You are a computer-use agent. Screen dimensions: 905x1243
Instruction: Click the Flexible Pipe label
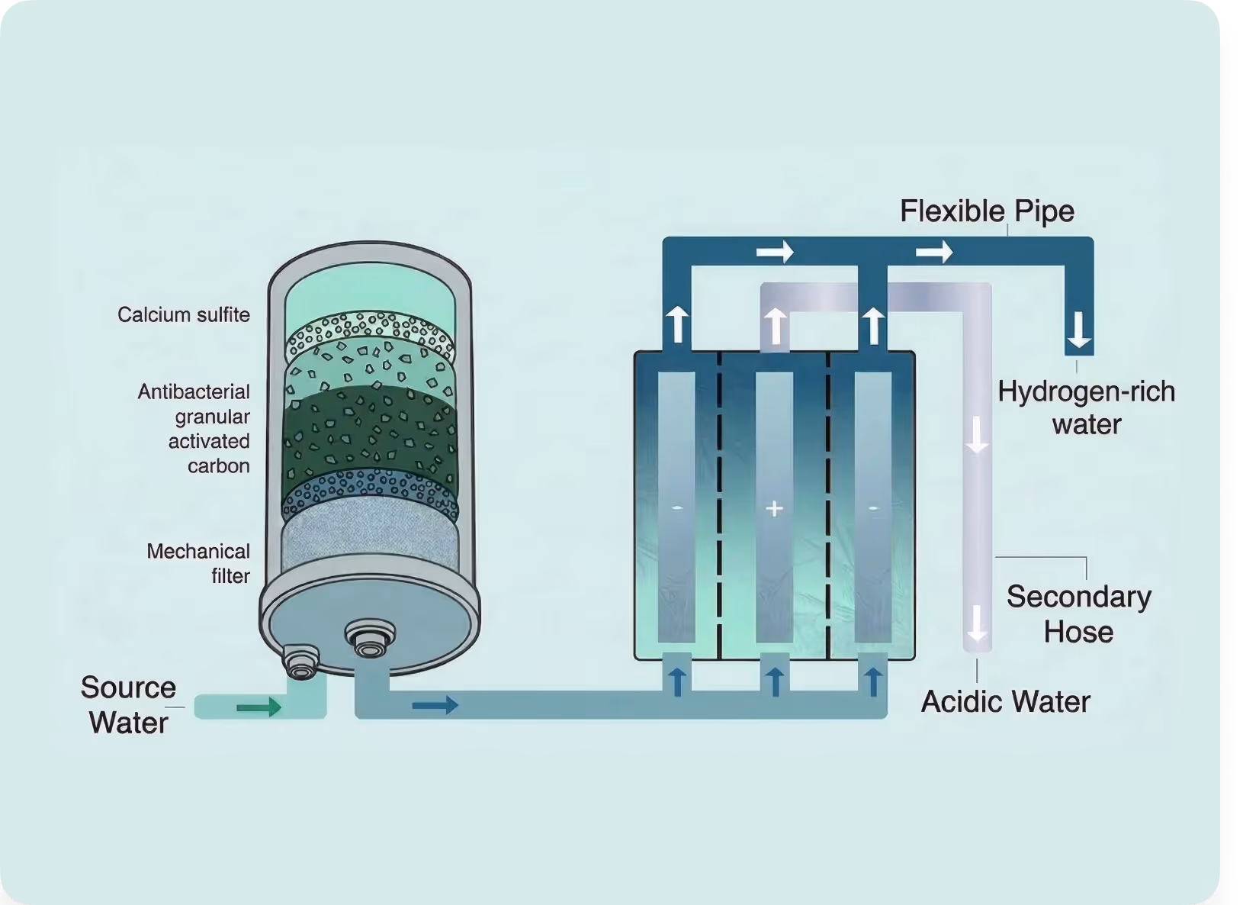click(x=987, y=211)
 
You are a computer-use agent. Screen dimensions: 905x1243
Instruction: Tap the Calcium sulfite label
click(x=183, y=314)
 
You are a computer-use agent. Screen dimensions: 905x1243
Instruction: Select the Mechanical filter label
click(x=198, y=563)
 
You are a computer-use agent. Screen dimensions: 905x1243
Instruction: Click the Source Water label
click(x=128, y=704)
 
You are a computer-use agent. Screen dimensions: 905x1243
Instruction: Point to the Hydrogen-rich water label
click(x=1086, y=407)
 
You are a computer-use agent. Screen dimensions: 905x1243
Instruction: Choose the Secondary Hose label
click(x=1078, y=614)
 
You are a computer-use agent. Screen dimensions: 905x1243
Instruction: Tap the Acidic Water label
click(x=1005, y=701)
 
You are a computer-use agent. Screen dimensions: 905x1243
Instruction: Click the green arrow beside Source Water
click(x=259, y=708)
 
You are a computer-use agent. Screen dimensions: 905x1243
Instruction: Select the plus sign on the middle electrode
click(x=774, y=508)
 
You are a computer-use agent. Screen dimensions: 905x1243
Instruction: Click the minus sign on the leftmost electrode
click(x=677, y=508)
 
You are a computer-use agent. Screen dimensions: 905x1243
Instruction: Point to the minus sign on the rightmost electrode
click(x=873, y=508)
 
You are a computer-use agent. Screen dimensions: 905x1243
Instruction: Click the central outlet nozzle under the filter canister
click(x=371, y=639)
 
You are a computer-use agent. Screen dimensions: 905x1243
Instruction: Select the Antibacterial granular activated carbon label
click(x=194, y=429)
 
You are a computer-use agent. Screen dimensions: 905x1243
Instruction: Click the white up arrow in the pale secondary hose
click(x=775, y=326)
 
